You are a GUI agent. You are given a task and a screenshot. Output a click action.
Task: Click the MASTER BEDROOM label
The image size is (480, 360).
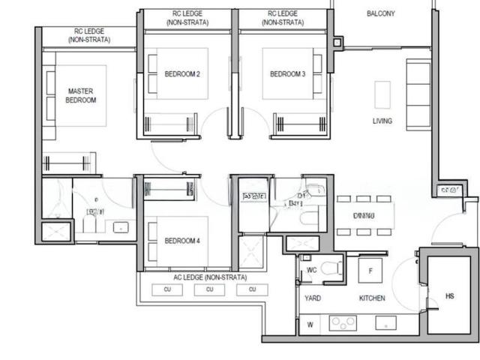click(81, 95)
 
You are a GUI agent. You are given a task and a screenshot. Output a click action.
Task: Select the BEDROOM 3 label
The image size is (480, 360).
click(288, 73)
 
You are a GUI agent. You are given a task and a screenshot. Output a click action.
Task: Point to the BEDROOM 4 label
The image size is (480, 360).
click(182, 241)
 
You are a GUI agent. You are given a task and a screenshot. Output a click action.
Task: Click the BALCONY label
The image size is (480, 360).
click(381, 13)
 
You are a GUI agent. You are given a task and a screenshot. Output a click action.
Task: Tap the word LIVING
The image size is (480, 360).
click(382, 121)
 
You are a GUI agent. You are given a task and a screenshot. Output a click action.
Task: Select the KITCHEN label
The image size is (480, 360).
click(372, 298)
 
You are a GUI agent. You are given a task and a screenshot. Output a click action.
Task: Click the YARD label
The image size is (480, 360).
click(313, 298)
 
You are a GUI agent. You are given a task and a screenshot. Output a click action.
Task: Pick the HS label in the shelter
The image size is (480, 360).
click(450, 296)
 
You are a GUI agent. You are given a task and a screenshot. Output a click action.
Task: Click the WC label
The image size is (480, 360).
click(312, 269)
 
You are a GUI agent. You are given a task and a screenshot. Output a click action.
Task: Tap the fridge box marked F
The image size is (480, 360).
click(370, 270)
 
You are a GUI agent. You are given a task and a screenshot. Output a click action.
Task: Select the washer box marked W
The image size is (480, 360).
click(310, 325)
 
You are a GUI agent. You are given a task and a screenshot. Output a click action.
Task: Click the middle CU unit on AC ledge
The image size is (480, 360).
click(210, 289)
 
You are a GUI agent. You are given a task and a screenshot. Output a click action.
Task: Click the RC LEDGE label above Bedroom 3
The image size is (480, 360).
click(283, 19)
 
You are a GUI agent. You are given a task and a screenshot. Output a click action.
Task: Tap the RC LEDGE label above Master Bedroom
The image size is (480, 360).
click(88, 35)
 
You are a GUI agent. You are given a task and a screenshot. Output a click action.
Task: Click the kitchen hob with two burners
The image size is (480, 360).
click(343, 323)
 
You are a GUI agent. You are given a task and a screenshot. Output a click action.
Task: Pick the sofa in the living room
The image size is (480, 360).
click(417, 93)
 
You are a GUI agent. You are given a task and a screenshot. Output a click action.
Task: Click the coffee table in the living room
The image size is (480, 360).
click(382, 94)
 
